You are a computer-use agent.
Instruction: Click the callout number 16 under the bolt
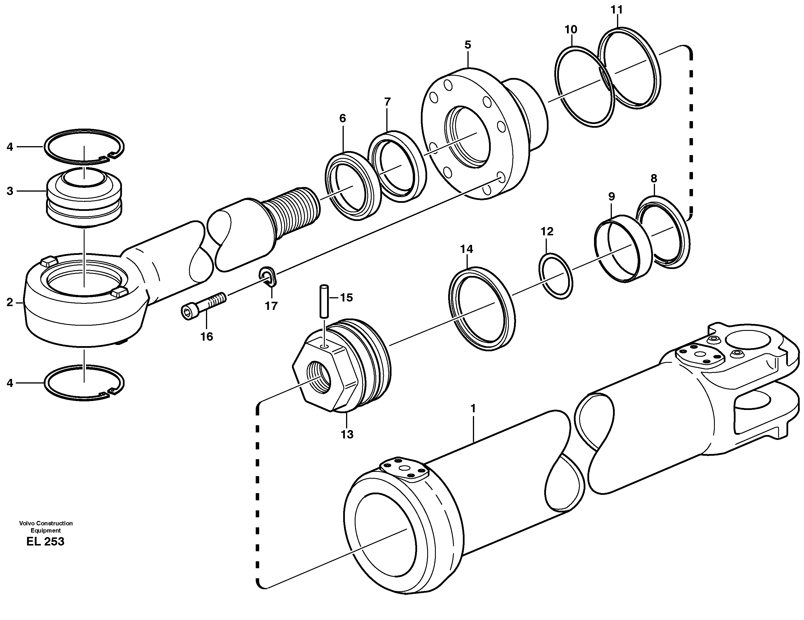click(x=207, y=337)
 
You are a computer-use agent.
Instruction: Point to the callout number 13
click(x=347, y=434)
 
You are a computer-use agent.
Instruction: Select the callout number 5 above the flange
click(x=467, y=45)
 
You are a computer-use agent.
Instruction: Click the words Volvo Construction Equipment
click(x=46, y=527)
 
